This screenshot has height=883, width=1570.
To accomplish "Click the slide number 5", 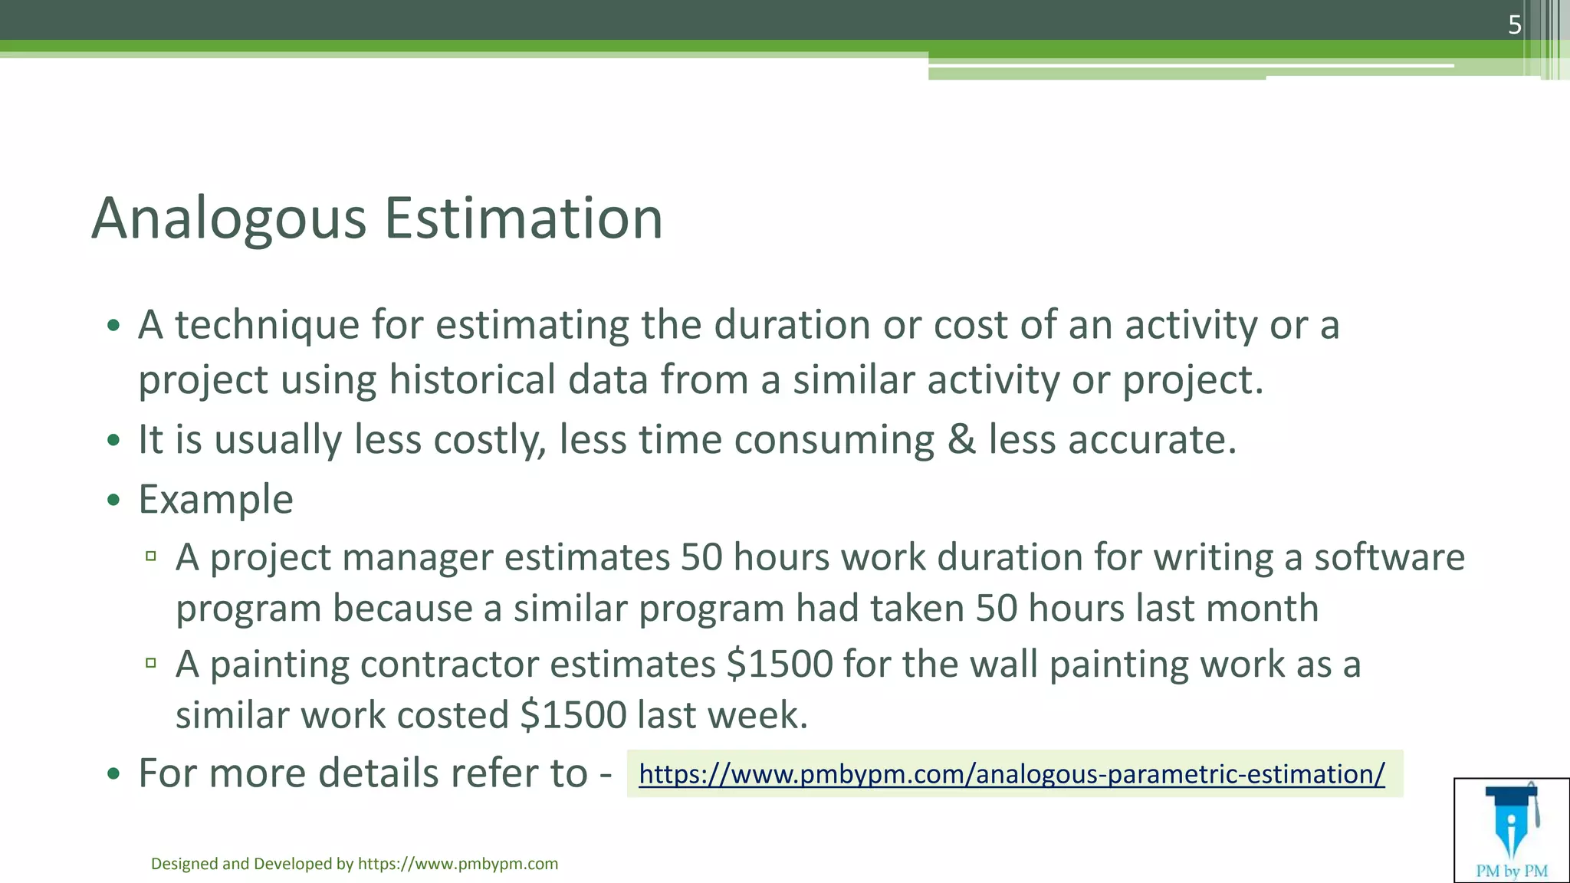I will point(1514,25).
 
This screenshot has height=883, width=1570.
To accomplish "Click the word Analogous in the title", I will point(228,219).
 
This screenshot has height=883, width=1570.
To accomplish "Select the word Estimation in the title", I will point(523,219).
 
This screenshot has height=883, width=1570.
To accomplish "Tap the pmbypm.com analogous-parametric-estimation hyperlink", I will point(1011,774).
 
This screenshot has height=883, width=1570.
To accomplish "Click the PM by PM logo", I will point(1511,830).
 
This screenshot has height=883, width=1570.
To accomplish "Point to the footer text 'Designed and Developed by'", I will point(252,864).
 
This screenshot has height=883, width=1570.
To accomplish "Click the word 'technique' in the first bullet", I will point(267,326).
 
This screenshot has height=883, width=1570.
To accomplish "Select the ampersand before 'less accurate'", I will point(961,440).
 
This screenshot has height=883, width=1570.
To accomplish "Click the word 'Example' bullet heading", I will point(215,500).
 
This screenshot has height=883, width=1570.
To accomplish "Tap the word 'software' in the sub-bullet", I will point(1389,557).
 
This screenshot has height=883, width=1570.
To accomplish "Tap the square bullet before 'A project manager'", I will point(151,556).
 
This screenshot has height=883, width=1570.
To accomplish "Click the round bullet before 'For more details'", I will point(114,773).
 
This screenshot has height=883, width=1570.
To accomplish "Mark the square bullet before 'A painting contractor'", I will point(151,663).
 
